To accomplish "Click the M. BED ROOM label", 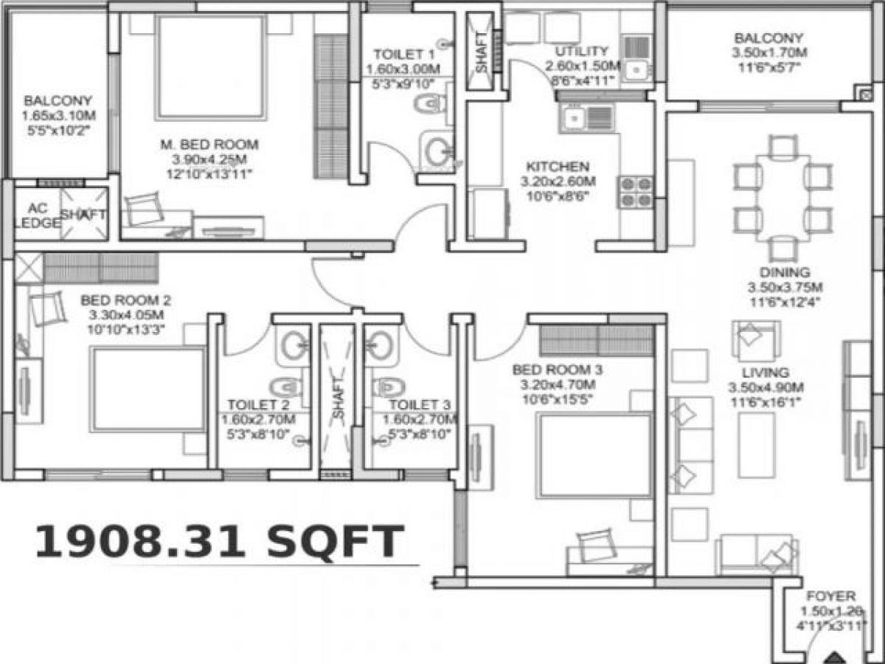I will (x=204, y=145).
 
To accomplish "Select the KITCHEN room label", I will (x=557, y=166).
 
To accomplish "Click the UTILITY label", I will (x=582, y=52).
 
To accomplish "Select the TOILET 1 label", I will (x=403, y=55).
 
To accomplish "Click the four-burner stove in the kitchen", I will (x=636, y=191).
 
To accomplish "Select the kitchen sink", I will (x=586, y=118).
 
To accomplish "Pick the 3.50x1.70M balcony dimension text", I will (x=769, y=53).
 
